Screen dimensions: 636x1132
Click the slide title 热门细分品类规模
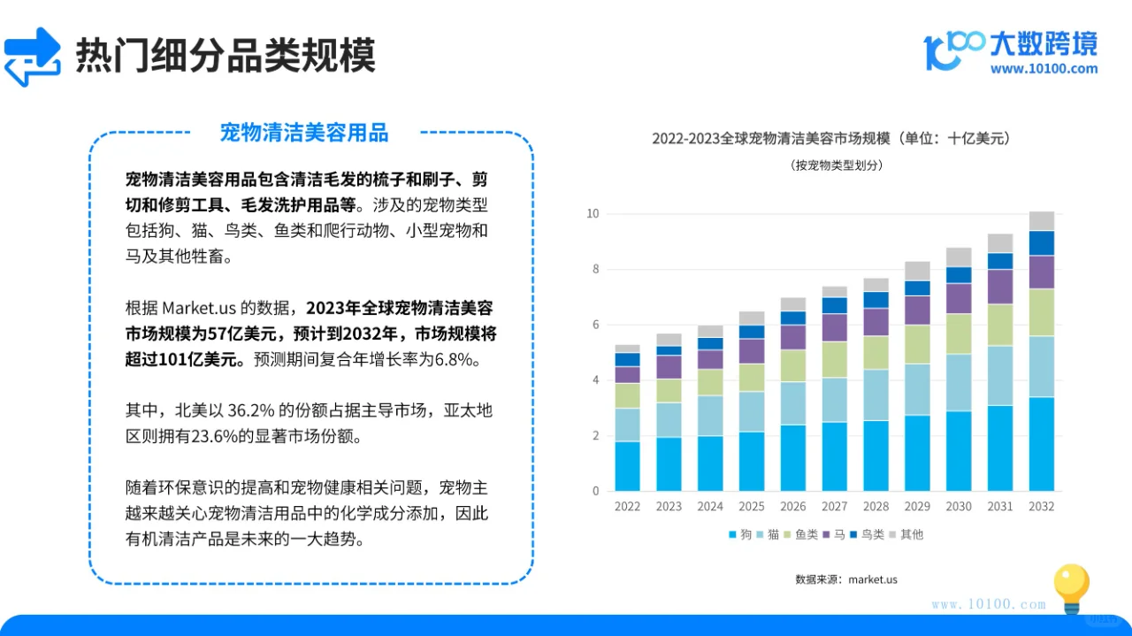coord(226,55)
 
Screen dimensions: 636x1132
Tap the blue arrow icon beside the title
coord(33,57)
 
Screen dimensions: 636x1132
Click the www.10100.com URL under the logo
coord(1044,69)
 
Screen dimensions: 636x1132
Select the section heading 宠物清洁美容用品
coord(304,133)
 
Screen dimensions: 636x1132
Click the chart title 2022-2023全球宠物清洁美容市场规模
coord(830,138)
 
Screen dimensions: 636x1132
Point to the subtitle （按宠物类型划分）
coord(830,165)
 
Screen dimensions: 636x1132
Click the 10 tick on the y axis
coord(593,214)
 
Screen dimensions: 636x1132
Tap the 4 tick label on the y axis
coord(595,380)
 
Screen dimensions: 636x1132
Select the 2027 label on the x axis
coord(834,507)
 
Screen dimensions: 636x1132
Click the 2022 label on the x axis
coord(627,507)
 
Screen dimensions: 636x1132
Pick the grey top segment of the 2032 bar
coord(1041,221)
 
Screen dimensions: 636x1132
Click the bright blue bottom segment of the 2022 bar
coord(627,466)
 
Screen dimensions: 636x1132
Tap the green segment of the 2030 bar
coord(959,333)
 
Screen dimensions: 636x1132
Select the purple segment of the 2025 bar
coord(752,351)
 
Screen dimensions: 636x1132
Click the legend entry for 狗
coord(739,534)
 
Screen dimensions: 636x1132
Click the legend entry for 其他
coord(906,534)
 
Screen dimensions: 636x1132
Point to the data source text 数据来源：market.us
coord(846,579)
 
